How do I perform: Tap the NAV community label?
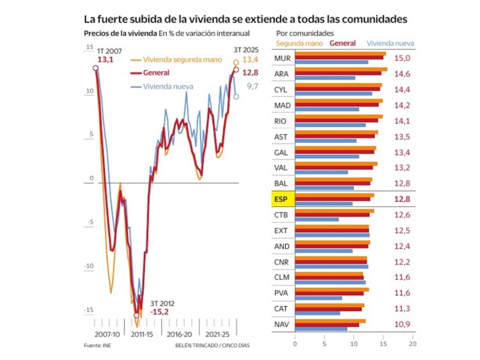[x=281, y=324]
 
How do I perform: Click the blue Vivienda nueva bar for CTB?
[x=316, y=219]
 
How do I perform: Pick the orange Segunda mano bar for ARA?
[x=341, y=69]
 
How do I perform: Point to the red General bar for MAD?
[x=337, y=105]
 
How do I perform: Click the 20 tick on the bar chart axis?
[x=412, y=343]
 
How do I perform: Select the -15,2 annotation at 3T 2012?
[x=159, y=311]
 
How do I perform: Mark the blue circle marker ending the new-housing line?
[x=236, y=97]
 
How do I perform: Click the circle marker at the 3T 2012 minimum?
[x=136, y=315]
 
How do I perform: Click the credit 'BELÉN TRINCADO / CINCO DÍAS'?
[x=212, y=345]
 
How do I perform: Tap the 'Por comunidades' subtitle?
[x=305, y=33]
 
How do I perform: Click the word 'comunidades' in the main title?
[x=373, y=19]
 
